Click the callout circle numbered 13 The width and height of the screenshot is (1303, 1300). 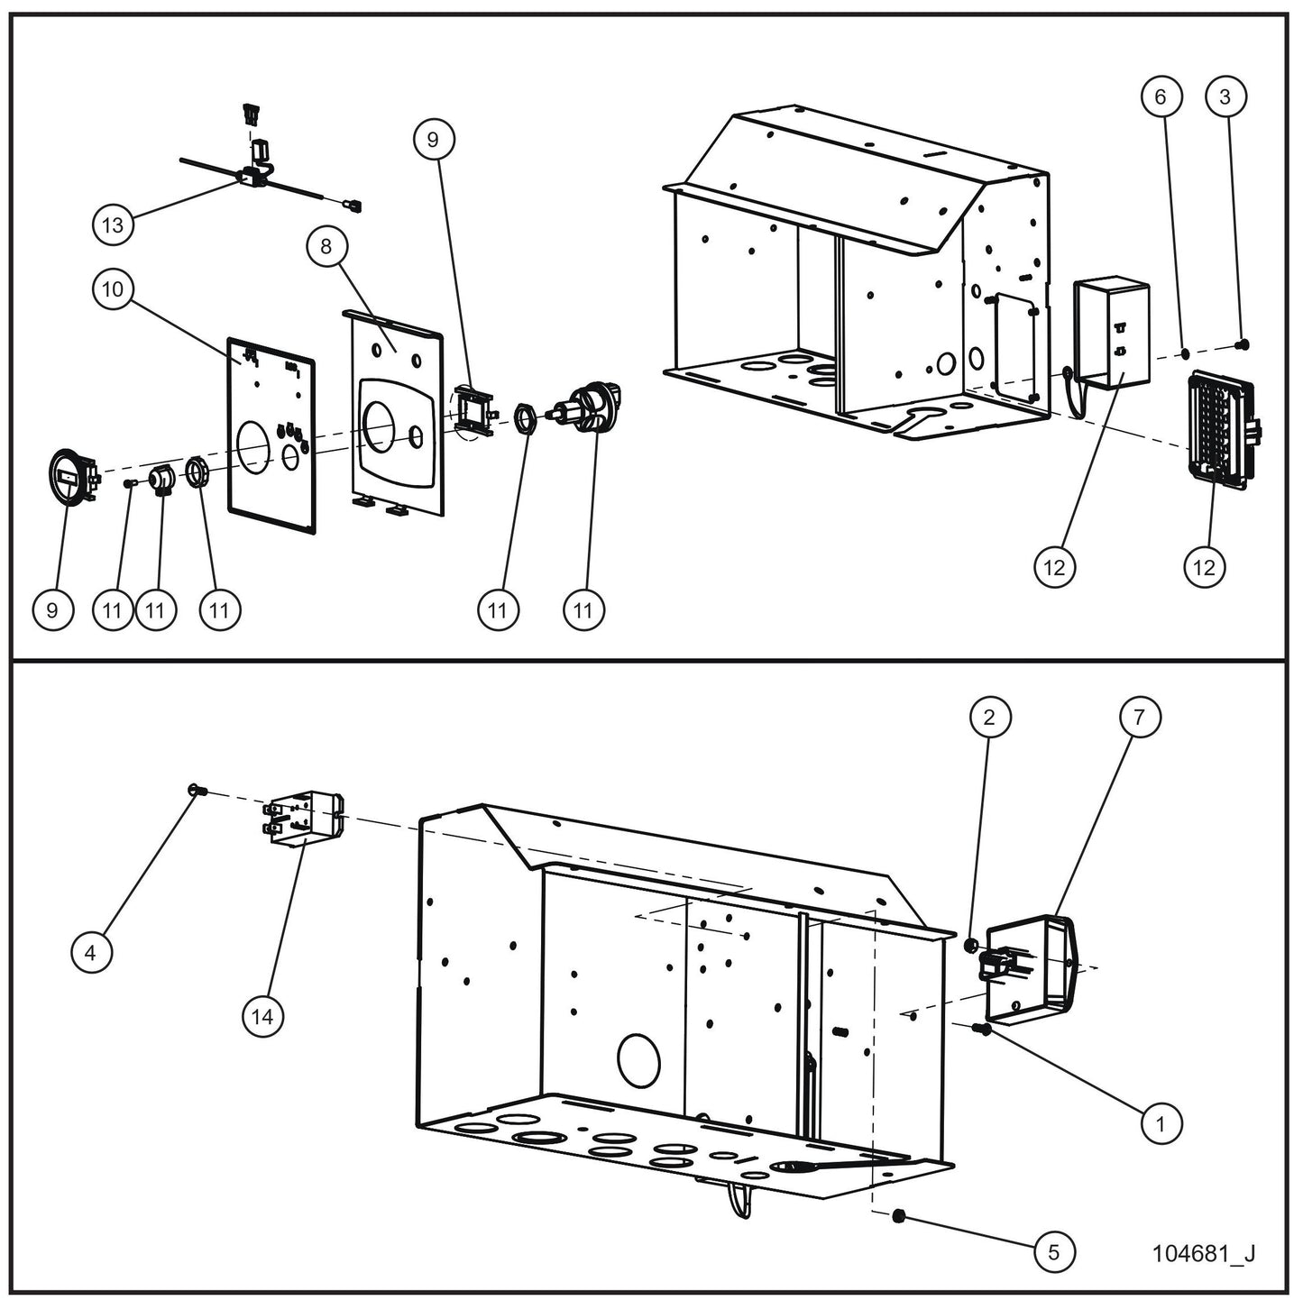[113, 224]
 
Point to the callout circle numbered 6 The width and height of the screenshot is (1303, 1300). [1161, 96]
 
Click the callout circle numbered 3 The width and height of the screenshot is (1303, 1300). [1225, 96]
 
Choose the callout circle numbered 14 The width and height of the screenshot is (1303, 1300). [262, 1016]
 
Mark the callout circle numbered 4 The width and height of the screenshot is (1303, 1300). [92, 951]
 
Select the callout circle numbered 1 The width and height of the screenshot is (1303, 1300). [1161, 1124]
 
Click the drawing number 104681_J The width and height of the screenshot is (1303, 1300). [1203, 1253]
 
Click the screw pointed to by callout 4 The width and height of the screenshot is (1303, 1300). [196, 791]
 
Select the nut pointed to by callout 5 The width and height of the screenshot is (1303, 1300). [898, 1218]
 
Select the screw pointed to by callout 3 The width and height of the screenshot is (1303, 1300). [1242, 343]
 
